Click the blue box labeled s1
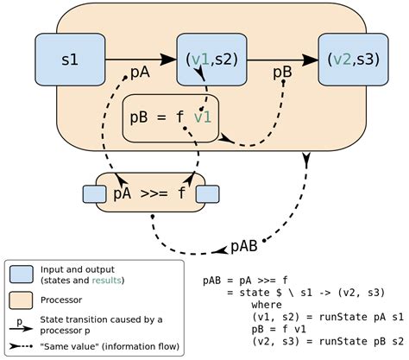click(x=69, y=60)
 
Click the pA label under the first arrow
click(x=140, y=73)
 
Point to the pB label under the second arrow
click(x=281, y=73)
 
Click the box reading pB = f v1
click(x=171, y=117)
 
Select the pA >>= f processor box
click(x=149, y=193)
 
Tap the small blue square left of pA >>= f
click(x=91, y=193)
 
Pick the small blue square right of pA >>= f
click(x=207, y=193)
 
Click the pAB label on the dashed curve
click(x=244, y=246)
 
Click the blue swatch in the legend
click(x=21, y=274)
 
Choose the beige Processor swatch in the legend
click(x=21, y=300)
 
